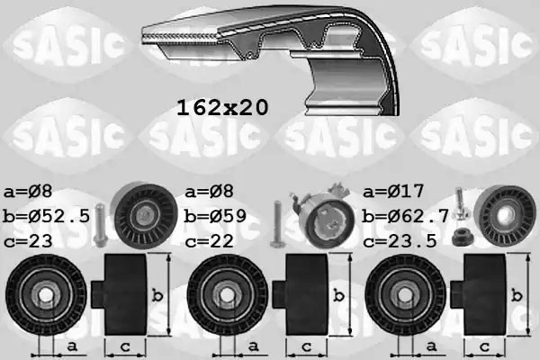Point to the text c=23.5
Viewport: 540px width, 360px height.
(400, 240)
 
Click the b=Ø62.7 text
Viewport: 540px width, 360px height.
(407, 216)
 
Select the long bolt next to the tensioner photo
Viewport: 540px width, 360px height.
(277, 221)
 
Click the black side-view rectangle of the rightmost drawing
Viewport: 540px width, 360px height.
(483, 295)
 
